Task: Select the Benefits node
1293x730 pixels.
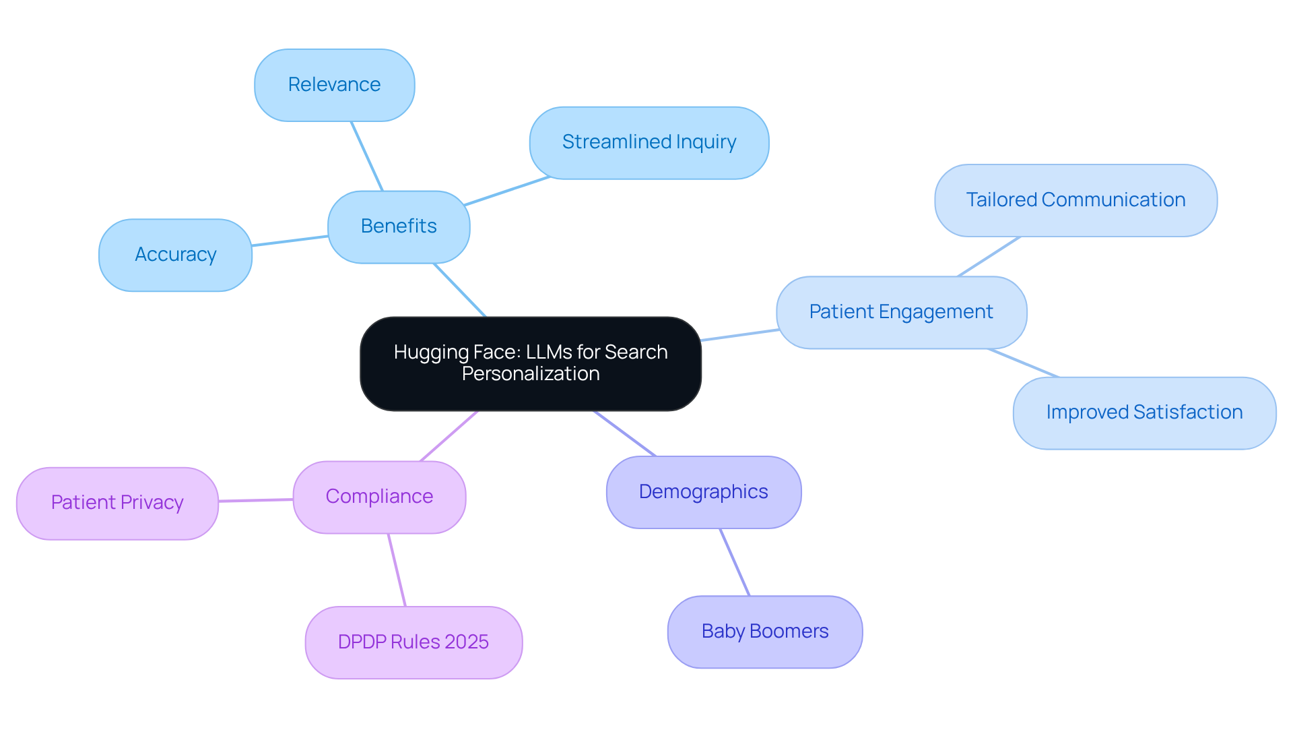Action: point(399,226)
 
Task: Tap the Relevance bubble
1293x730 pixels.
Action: point(334,85)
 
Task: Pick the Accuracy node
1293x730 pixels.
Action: point(175,255)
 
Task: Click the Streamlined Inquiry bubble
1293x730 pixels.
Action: point(649,142)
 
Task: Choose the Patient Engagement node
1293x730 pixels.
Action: point(900,312)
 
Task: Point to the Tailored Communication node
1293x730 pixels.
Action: point(1075,200)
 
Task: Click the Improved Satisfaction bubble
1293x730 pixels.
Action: point(1143,413)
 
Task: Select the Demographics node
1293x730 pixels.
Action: point(703,492)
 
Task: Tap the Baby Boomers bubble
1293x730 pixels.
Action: point(764,632)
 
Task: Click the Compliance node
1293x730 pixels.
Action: point(379,497)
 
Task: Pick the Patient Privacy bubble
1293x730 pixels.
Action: point(117,503)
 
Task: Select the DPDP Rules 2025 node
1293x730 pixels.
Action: point(413,642)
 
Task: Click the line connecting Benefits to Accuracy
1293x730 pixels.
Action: point(290,241)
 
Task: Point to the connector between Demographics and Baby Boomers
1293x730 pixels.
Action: point(735,562)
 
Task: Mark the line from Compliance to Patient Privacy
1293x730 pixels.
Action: point(256,500)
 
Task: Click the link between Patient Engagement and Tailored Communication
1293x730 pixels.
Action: point(989,256)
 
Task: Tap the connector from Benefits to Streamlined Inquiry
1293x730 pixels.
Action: point(506,191)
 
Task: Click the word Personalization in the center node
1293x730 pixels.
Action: point(531,374)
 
